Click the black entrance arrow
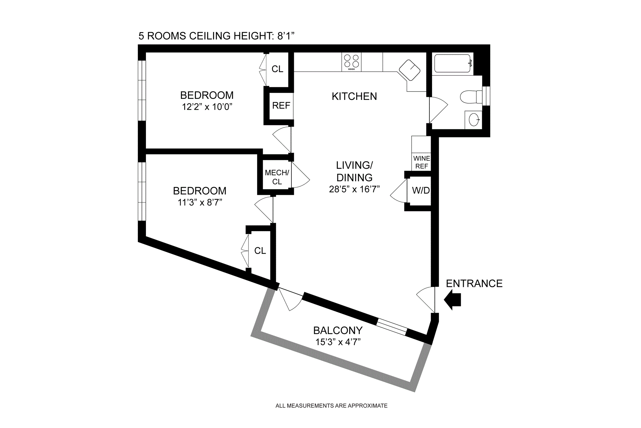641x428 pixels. [453, 300]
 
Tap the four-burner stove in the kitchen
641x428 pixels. [351, 62]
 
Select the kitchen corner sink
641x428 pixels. [410, 70]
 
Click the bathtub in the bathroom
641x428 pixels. [452, 63]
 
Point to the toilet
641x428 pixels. [470, 97]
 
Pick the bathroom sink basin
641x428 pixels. [474, 120]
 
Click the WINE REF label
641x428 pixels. [421, 162]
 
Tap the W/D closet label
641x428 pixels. [421, 190]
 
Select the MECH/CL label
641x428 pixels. [277, 177]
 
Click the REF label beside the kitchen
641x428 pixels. [281, 106]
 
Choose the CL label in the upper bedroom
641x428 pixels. [277, 69]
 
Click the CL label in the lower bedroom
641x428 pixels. [260, 251]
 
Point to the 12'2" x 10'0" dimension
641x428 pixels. [207, 107]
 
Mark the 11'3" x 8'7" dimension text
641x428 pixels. [200, 202]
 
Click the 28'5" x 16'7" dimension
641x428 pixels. [354, 189]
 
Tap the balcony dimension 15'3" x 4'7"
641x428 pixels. [338, 342]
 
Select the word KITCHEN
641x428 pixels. [354, 96]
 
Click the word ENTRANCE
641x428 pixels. [474, 283]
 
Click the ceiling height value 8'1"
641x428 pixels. [286, 36]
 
